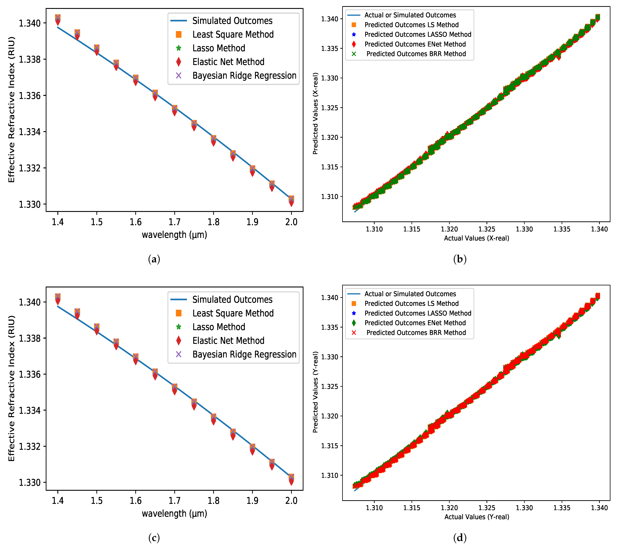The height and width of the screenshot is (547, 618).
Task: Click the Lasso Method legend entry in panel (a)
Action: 219,48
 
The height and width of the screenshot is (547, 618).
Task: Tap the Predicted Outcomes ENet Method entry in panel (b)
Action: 415,44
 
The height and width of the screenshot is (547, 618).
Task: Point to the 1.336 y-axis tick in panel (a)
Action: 30,96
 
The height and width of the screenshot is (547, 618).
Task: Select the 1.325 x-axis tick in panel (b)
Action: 487,229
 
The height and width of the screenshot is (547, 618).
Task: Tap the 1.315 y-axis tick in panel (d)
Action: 330,446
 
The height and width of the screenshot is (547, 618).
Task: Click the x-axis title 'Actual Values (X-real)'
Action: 476,238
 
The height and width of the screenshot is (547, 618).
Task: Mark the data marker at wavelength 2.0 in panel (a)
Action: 291,200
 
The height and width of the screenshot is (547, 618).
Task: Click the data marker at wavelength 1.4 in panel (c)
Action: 58,297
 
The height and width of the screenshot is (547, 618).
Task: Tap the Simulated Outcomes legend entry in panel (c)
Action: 232,300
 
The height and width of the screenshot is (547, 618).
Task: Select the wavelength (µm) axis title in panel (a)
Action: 174,235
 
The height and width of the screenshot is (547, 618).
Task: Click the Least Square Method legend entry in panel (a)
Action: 233,35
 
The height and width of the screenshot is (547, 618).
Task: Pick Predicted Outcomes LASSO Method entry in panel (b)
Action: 417,35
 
